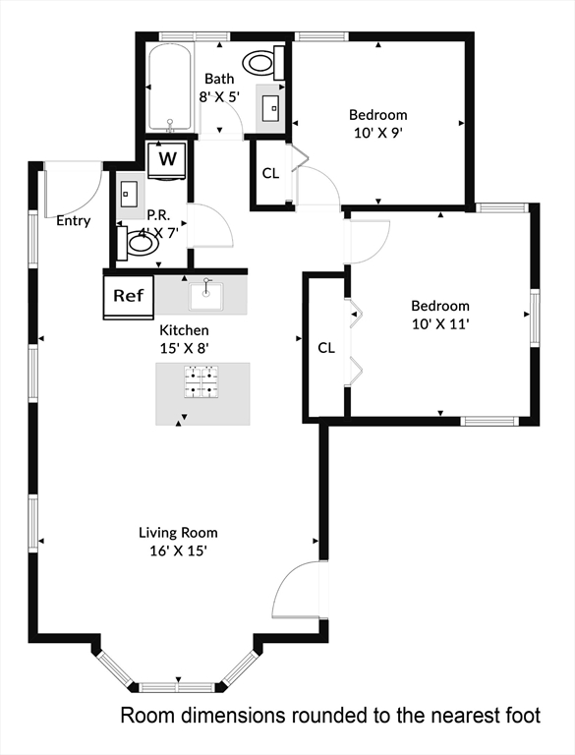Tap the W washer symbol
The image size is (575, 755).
pyautogui.click(x=168, y=158)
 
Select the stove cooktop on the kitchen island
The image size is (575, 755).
pyautogui.click(x=201, y=381)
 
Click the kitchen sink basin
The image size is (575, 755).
pyautogui.click(x=207, y=294)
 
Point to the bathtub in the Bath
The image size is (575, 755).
pyautogui.click(x=171, y=87)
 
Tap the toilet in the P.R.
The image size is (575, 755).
pyautogui.click(x=138, y=243)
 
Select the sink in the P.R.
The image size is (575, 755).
pyautogui.click(x=129, y=193)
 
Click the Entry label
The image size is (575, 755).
pyautogui.click(x=74, y=221)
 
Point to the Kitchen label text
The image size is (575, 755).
pyautogui.click(x=184, y=330)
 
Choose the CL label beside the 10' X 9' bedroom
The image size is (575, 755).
pyautogui.click(x=271, y=173)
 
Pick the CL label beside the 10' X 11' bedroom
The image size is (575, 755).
pyautogui.click(x=326, y=348)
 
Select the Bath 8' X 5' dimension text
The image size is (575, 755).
pyautogui.click(x=219, y=97)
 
